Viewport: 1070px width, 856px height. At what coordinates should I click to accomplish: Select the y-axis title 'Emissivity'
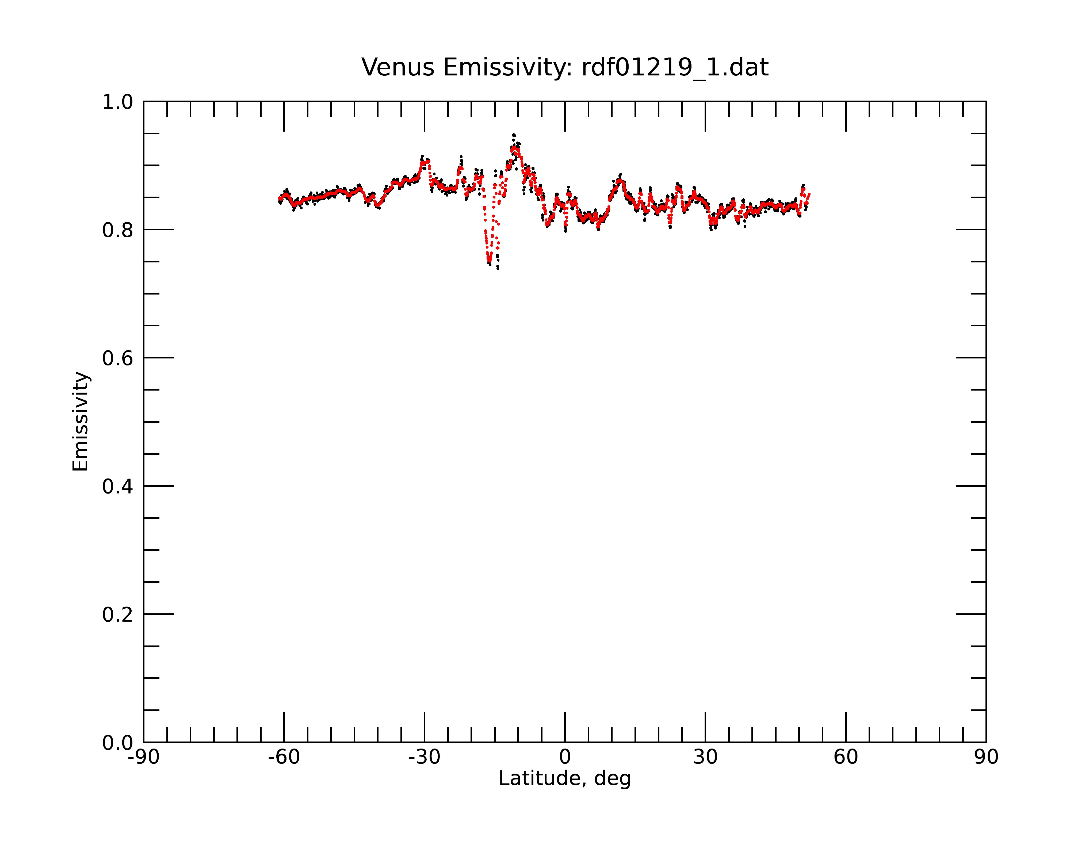coord(81,421)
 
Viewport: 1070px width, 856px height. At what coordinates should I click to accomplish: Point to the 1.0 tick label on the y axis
coord(118,102)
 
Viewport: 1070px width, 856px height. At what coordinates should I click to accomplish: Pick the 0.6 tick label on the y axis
coord(118,358)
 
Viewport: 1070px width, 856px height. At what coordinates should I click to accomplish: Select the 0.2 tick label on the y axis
coord(118,615)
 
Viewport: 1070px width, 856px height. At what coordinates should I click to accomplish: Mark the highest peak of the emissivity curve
coord(514,135)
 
